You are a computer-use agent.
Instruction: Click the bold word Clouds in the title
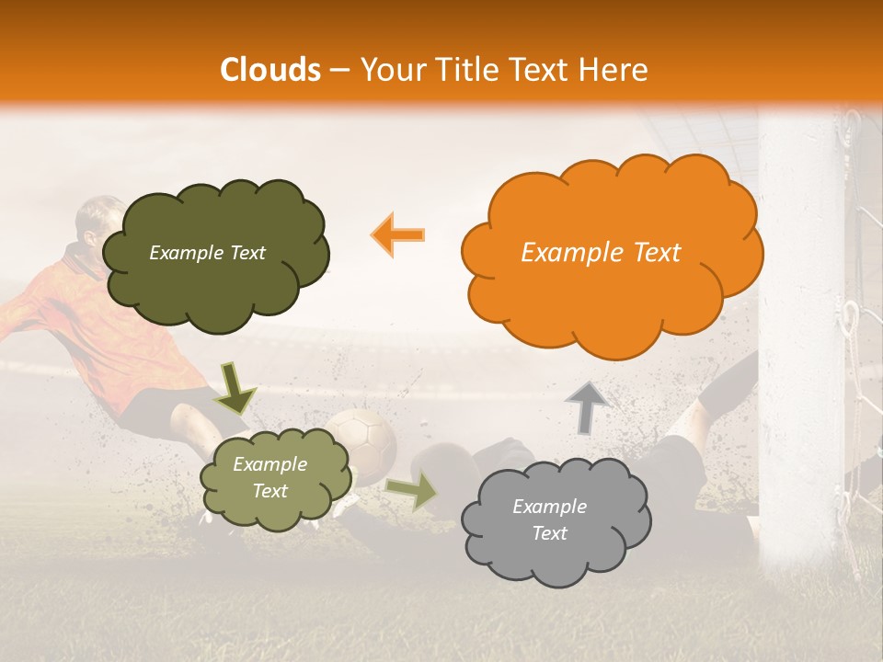[x=270, y=70]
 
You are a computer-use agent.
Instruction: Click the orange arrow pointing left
[x=398, y=234]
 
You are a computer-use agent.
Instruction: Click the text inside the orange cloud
[x=601, y=253]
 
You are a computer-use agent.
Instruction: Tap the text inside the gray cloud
[x=549, y=519]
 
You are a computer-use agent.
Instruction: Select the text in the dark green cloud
[x=207, y=253]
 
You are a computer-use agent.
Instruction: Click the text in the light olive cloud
[x=269, y=478]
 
